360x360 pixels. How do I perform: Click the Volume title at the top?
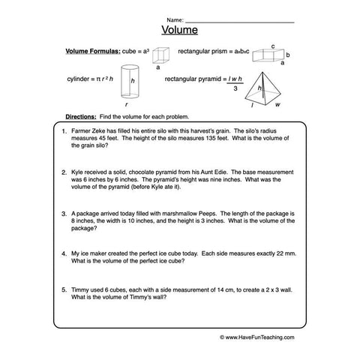click(x=180, y=31)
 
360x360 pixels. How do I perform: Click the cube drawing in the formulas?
click(x=158, y=54)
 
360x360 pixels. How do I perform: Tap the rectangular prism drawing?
click(x=268, y=55)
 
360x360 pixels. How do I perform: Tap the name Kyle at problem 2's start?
click(x=78, y=172)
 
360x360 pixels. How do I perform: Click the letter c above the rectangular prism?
click(x=273, y=45)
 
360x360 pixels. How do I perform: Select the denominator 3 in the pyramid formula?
click(x=234, y=88)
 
